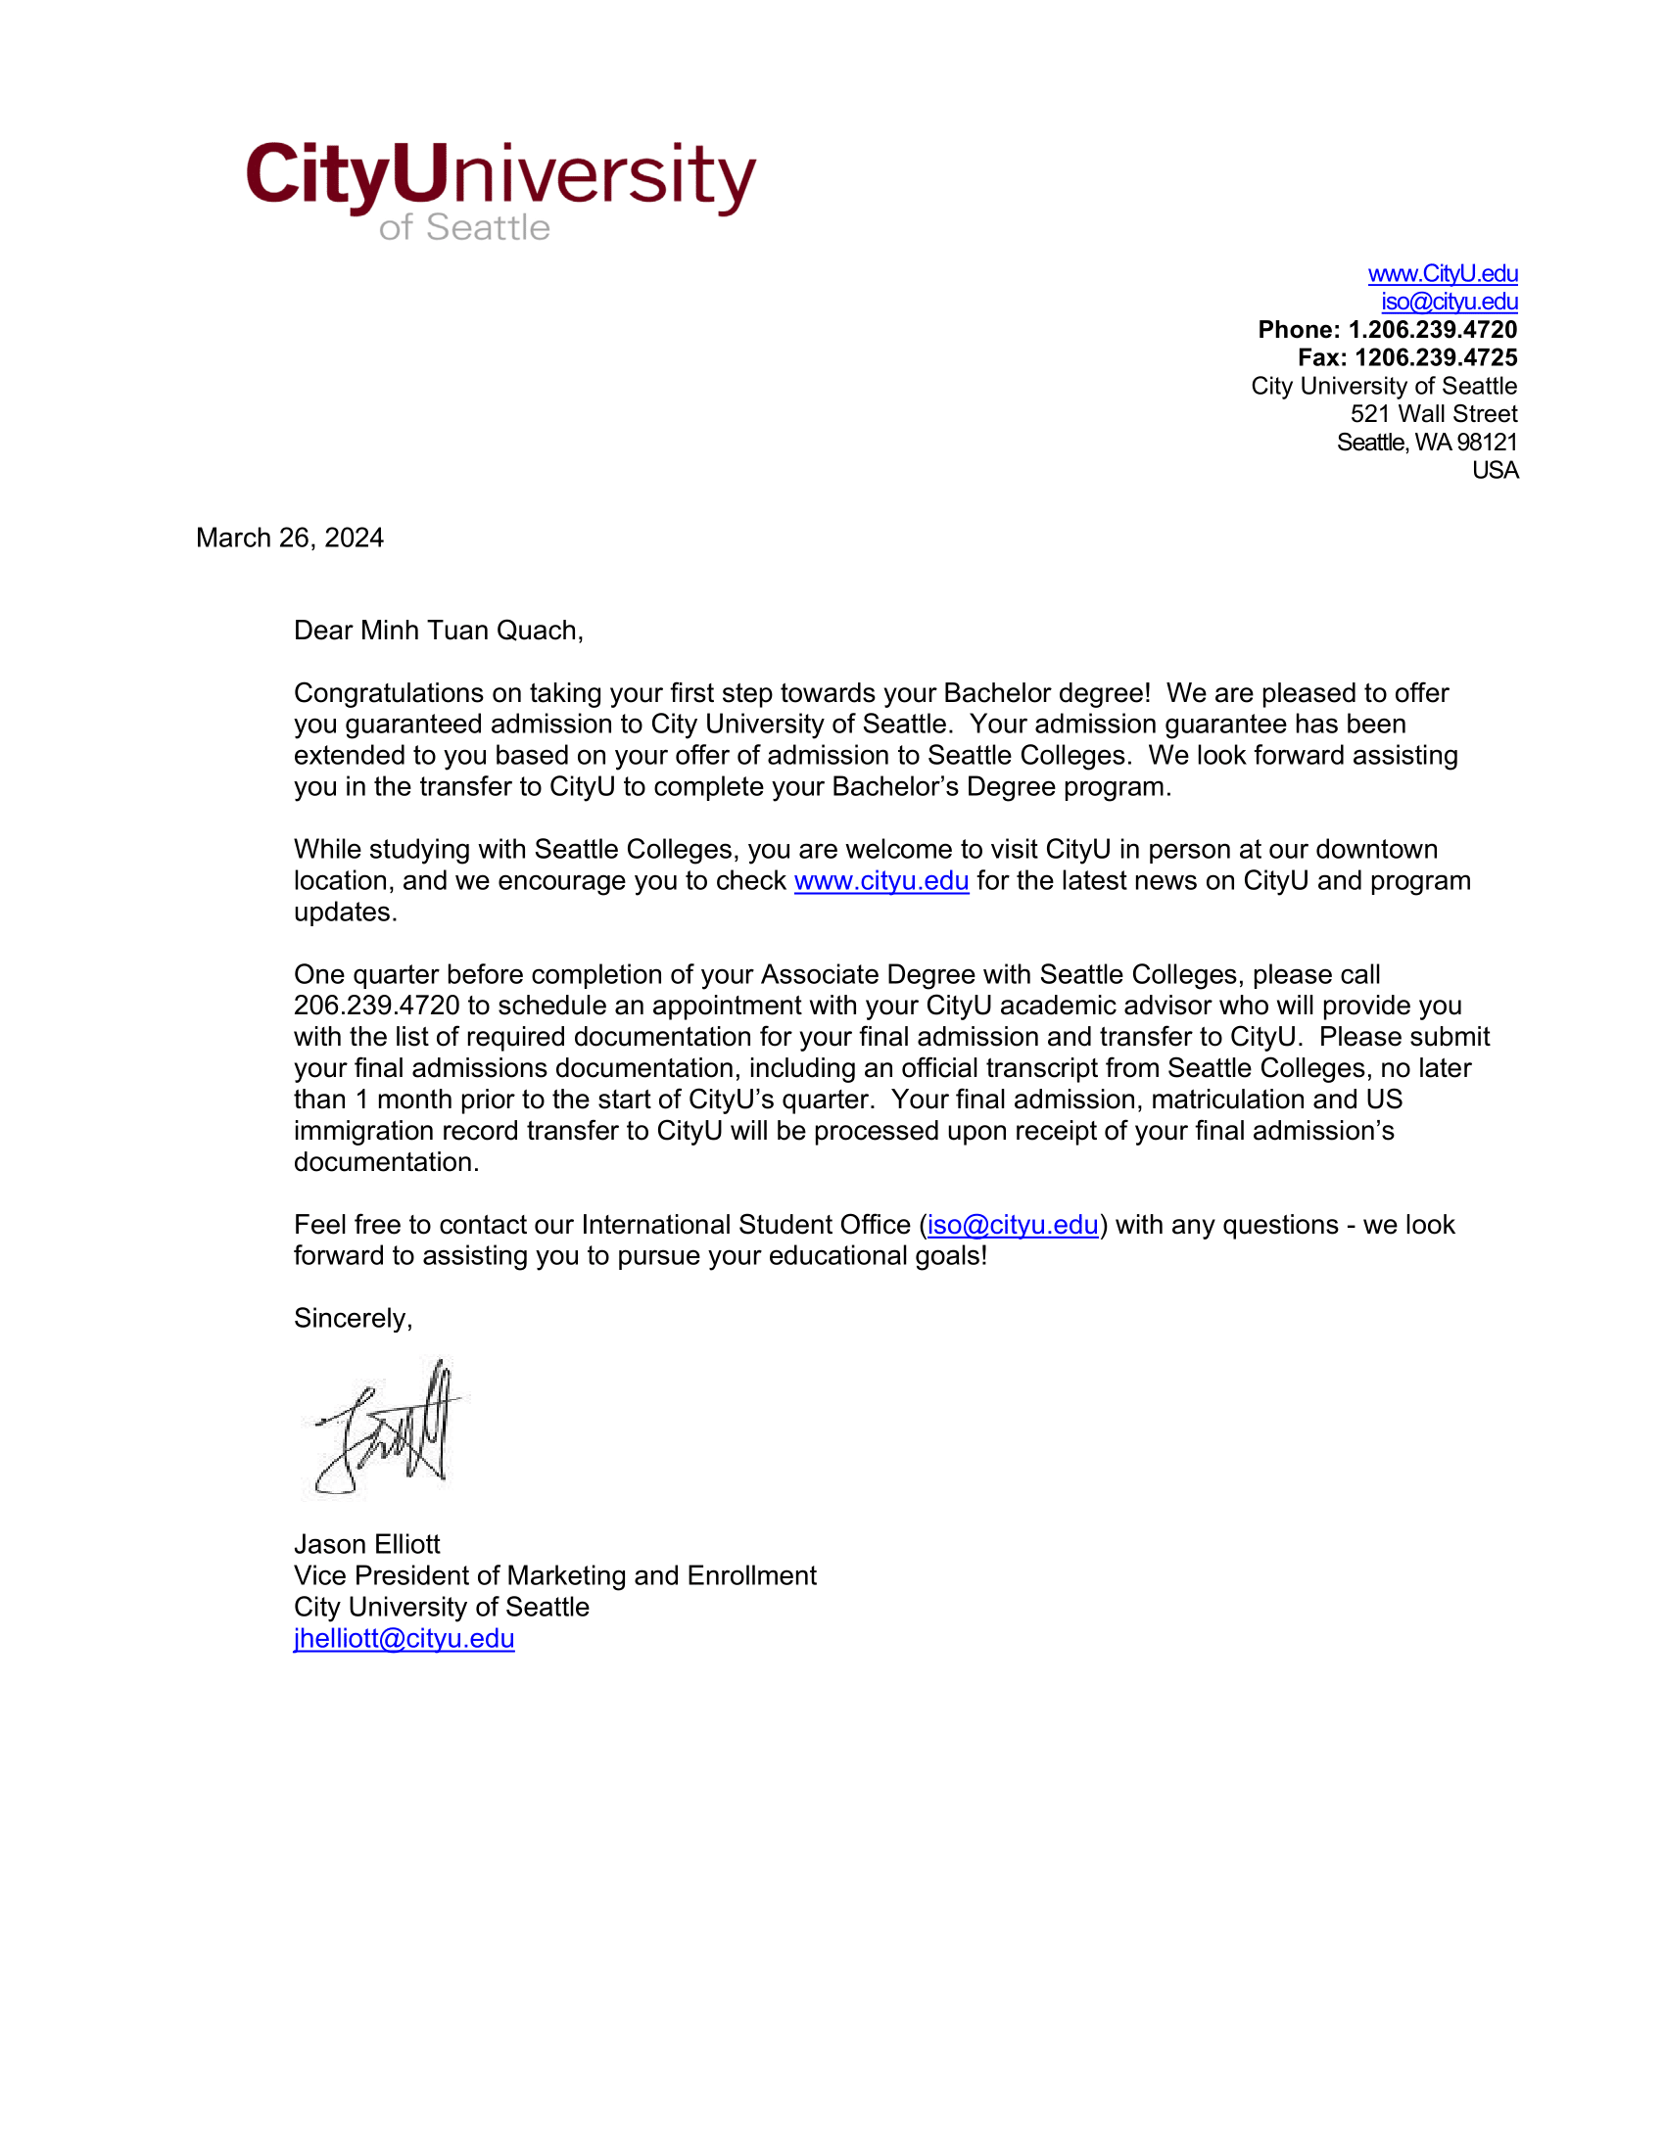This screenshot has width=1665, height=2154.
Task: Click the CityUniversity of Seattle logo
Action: [x=501, y=187]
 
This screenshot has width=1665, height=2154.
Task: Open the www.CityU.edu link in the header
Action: [x=1442, y=273]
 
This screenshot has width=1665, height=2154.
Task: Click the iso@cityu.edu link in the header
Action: [x=1449, y=302]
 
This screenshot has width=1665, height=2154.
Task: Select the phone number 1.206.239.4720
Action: [x=1432, y=329]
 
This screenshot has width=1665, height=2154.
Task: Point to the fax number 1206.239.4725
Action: [x=1435, y=358]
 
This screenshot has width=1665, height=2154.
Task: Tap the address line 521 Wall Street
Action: [x=1433, y=414]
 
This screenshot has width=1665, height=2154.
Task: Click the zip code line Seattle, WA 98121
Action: [x=1426, y=442]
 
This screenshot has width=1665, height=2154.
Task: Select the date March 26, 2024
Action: [x=290, y=538]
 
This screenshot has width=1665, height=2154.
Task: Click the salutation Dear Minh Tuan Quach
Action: [x=438, y=631]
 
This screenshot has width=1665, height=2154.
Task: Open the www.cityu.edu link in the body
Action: [x=880, y=881]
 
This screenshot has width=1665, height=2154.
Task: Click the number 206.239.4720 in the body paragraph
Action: [x=377, y=1006]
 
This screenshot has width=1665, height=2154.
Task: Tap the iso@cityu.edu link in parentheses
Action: [x=1012, y=1225]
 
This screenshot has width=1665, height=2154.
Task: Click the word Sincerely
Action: [x=352, y=1319]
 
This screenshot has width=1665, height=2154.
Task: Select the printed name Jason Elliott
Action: [x=367, y=1544]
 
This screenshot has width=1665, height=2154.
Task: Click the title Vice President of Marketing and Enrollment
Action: [x=554, y=1576]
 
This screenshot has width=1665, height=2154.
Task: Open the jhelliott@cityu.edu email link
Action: [x=404, y=1638]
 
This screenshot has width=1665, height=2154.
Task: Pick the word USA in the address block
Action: [x=1495, y=470]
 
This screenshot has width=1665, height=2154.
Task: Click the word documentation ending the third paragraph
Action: [x=385, y=1163]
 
